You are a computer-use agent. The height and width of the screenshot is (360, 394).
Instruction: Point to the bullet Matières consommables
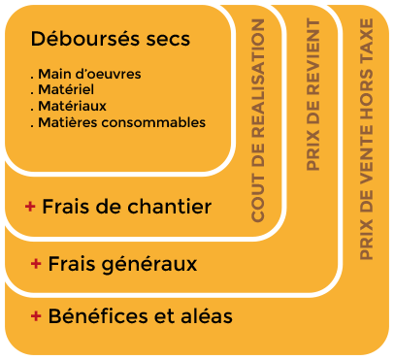119,122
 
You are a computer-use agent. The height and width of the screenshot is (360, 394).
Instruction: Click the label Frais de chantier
127,207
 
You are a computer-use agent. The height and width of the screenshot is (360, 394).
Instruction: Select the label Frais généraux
122,263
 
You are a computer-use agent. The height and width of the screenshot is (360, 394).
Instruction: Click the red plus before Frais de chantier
31,207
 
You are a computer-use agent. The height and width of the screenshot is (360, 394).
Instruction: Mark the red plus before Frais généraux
36,263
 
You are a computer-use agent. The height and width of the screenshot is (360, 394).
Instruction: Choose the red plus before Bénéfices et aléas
37,316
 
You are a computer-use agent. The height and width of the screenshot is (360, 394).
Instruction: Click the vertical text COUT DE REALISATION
258,120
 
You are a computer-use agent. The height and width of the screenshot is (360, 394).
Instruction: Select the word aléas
210,316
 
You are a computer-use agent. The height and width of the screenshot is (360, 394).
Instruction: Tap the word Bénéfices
93,316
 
